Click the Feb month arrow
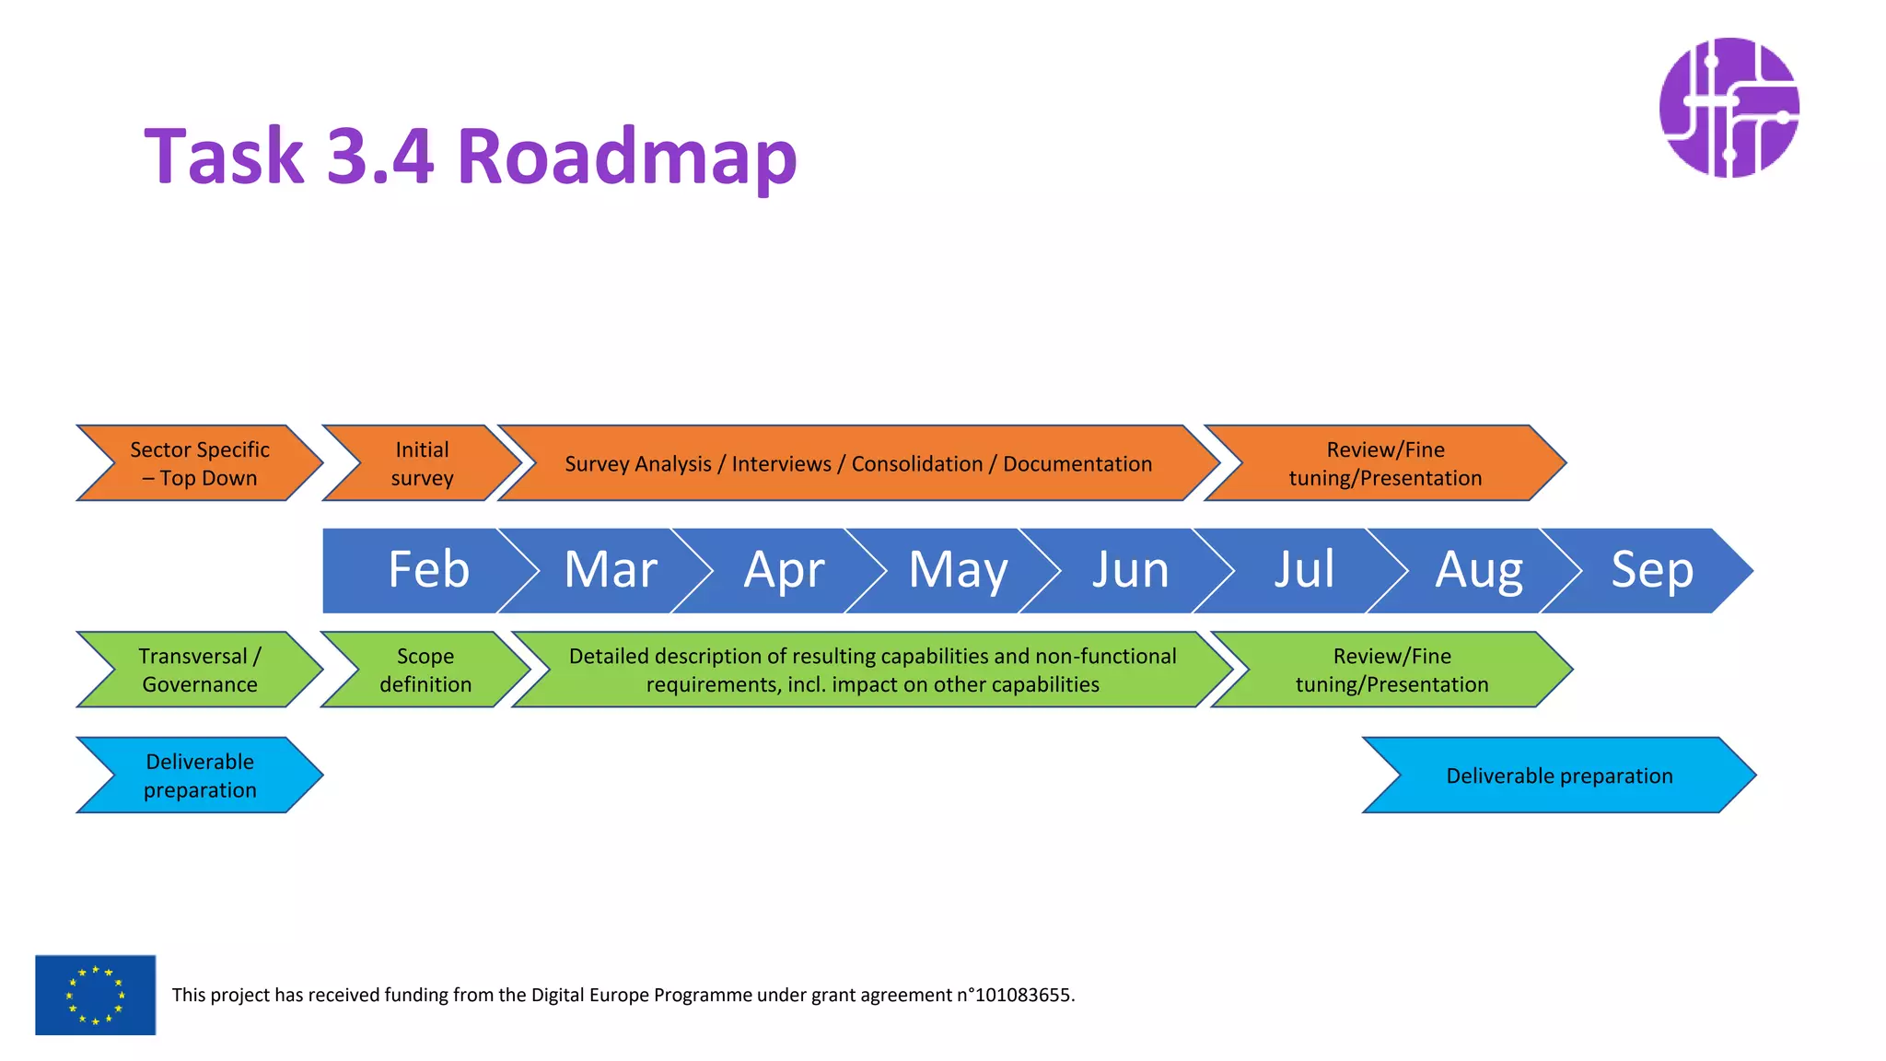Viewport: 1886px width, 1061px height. pyautogui.click(x=428, y=570)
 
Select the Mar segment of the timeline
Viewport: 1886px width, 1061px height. pyautogui.click(x=610, y=570)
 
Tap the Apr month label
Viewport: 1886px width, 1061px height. pyautogui.click(x=784, y=570)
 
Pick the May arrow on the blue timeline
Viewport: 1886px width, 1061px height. pyautogui.click(x=958, y=570)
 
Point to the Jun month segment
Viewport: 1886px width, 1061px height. pyautogui.click(x=1131, y=570)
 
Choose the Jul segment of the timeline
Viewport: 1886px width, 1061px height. pyautogui.click(x=1304, y=570)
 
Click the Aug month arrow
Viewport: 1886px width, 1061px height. pyautogui.click(x=1478, y=570)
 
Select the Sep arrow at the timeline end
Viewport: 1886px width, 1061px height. pyautogui.click(x=1652, y=570)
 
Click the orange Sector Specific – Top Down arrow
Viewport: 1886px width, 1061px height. pyautogui.click(x=200, y=463)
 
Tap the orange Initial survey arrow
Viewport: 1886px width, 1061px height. pyautogui.click(x=422, y=463)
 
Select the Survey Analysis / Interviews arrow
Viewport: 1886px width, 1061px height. pyautogui.click(x=858, y=463)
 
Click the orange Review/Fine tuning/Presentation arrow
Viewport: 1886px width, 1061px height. pyautogui.click(x=1385, y=463)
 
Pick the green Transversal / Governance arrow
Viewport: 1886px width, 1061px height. pyautogui.click(x=200, y=670)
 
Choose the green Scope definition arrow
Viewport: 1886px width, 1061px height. pyautogui.click(x=425, y=670)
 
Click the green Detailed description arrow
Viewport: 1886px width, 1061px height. pyautogui.click(x=872, y=670)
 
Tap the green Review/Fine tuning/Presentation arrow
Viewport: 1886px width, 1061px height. pyautogui.click(x=1391, y=670)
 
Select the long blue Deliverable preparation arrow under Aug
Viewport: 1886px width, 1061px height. pyautogui.click(x=1559, y=775)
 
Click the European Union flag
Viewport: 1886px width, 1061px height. pyautogui.click(x=96, y=995)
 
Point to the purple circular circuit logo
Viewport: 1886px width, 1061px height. pyautogui.click(x=1729, y=108)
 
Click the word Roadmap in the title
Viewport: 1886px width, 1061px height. pyautogui.click(x=626, y=157)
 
